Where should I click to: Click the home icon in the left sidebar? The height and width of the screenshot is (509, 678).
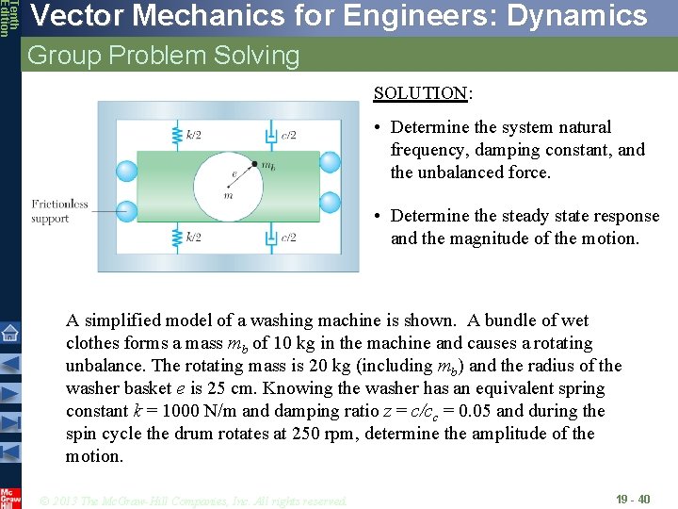9,332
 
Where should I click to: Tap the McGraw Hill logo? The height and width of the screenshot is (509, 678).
9,498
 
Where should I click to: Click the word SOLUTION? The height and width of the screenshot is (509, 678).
420,92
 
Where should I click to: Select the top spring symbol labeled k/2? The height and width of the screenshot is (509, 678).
175,135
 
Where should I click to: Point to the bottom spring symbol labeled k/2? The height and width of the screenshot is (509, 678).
175,238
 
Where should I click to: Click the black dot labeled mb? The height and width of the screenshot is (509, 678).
254,165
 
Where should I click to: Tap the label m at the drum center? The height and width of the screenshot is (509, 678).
228,196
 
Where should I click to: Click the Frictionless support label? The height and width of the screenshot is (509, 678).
59,211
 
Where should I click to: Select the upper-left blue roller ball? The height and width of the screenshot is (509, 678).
126,170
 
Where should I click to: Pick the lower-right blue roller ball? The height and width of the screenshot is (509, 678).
330,202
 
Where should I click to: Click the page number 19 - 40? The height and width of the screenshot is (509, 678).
632,498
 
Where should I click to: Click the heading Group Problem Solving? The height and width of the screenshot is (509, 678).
163,56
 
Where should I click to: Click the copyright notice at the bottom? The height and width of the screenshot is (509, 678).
193,500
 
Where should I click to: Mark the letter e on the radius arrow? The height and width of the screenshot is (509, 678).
234,173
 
